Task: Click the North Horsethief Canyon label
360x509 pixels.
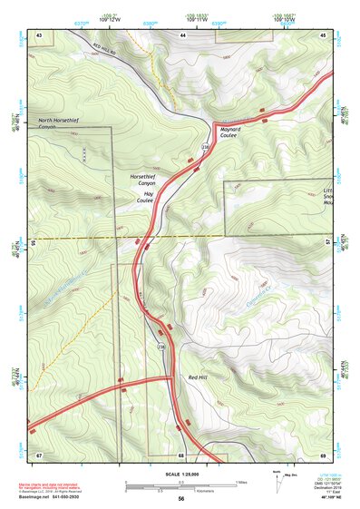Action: point(58,123)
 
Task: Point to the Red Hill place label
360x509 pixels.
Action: point(199,376)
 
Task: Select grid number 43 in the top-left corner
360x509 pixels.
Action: point(40,34)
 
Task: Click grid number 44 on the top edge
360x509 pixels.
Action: point(182,34)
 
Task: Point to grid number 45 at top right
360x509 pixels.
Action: point(322,34)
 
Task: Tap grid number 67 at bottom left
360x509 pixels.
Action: point(40,453)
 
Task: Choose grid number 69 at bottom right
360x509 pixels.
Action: point(322,453)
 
